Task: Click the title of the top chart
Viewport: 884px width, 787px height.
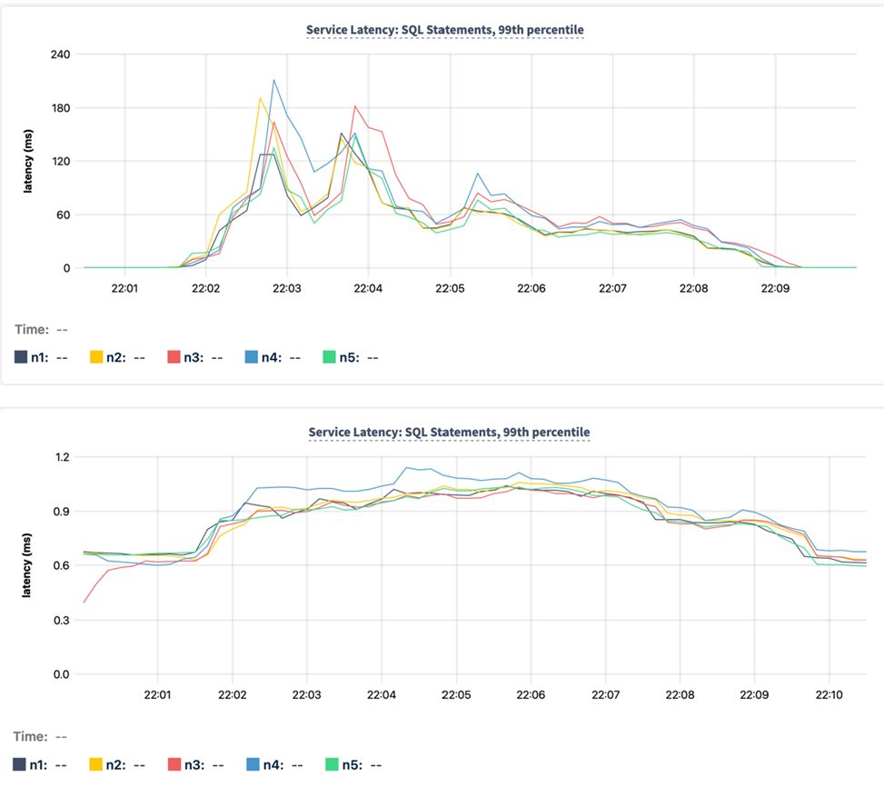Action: click(x=445, y=30)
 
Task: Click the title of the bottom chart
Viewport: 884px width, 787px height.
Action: click(x=449, y=432)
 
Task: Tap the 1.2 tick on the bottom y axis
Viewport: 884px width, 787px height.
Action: click(x=61, y=457)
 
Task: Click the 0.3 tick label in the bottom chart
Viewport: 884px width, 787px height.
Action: click(x=61, y=621)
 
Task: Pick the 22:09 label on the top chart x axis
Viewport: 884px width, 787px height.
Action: click(x=775, y=288)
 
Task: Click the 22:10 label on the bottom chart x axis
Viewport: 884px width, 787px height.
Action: click(x=828, y=694)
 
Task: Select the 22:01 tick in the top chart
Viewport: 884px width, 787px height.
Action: click(x=124, y=288)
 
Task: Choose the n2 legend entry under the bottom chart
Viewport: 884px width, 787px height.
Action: click(x=114, y=764)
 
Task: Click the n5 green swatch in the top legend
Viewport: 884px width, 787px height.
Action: click(x=330, y=357)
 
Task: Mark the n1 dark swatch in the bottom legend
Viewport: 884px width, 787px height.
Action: click(x=20, y=764)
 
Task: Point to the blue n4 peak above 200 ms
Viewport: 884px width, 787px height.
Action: click(x=273, y=80)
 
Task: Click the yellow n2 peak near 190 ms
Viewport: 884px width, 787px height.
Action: click(x=260, y=98)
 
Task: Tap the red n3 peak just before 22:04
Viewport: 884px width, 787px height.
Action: click(x=355, y=106)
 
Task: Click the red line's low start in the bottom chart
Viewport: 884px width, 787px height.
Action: click(x=84, y=602)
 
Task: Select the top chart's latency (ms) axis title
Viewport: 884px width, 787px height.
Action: click(x=27, y=162)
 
